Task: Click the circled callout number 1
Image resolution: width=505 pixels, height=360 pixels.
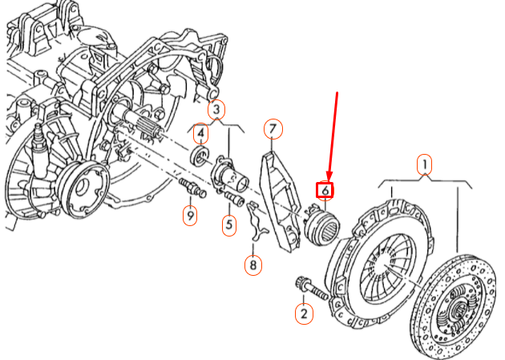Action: pyautogui.click(x=424, y=165)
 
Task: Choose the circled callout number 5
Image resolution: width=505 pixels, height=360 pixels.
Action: pyautogui.click(x=229, y=225)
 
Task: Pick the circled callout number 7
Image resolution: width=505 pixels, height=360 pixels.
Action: pyautogui.click(x=273, y=129)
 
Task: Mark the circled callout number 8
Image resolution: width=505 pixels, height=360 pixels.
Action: pyautogui.click(x=253, y=264)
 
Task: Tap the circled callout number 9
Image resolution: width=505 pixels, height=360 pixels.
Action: pyautogui.click(x=189, y=216)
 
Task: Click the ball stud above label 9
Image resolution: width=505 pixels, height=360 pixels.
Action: pyautogui.click(x=193, y=190)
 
